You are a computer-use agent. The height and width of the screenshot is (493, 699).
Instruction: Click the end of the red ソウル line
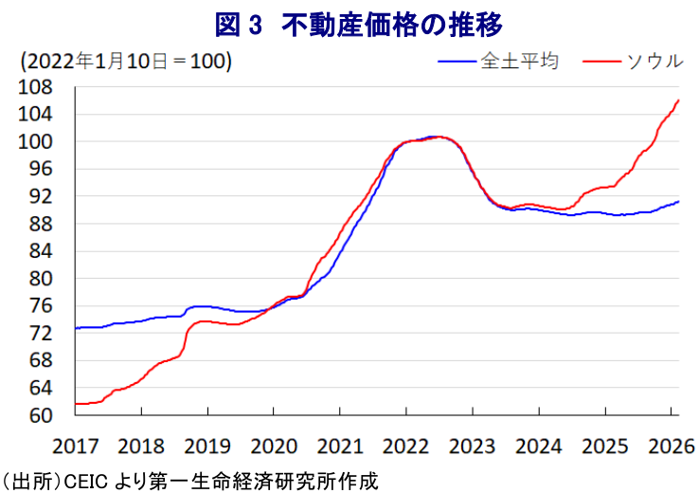click(678, 100)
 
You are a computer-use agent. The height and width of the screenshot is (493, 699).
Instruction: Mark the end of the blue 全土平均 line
click(678, 201)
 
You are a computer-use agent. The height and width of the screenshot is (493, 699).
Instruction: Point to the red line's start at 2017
click(76, 404)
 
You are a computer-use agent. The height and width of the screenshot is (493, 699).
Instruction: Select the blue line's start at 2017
click(76, 328)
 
